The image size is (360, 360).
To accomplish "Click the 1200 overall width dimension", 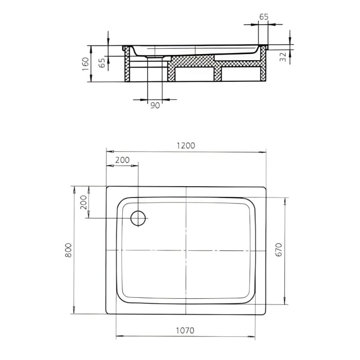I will (x=186, y=146).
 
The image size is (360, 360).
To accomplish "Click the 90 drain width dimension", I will (x=155, y=105).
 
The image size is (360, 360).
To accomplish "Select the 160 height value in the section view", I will (x=86, y=64).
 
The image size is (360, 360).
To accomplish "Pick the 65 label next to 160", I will (x=102, y=63).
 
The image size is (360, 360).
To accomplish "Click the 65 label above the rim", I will (x=263, y=16).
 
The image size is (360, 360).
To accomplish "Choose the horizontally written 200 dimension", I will (x=122, y=160).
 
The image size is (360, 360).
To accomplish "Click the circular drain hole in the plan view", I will (x=139, y=218).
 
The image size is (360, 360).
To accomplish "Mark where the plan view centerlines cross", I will (x=186, y=250).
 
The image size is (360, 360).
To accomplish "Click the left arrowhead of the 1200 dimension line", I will (x=108, y=152).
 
